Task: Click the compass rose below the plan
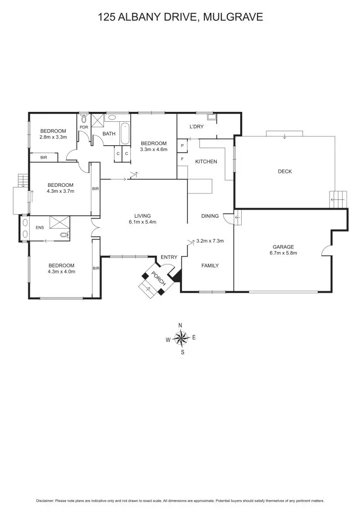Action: tap(182, 339)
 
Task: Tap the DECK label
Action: tap(284, 171)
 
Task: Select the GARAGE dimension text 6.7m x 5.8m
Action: tap(283, 253)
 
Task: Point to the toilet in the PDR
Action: tap(84, 120)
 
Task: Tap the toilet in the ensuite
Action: tap(63, 235)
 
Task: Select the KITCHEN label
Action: tap(206, 162)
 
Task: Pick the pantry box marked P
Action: tap(182, 146)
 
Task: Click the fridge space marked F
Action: tap(182, 159)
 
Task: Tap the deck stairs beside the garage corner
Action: tap(338, 199)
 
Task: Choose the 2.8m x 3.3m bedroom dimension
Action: tap(53, 137)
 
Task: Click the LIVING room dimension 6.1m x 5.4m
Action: tap(142, 222)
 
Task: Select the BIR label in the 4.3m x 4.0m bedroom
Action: tap(96, 268)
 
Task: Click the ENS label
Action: tap(40, 228)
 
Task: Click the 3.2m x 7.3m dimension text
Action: tap(210, 241)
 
